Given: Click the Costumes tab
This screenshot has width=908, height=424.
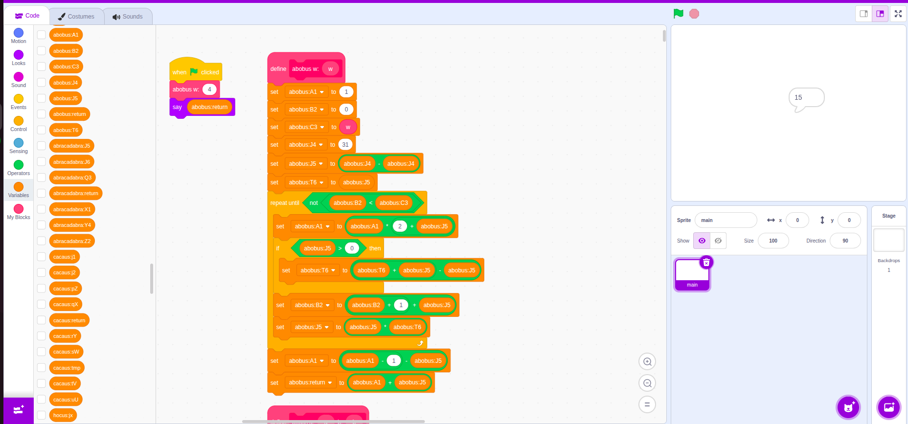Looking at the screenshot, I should tap(76, 16).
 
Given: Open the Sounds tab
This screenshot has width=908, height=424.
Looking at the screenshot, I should tap(128, 16).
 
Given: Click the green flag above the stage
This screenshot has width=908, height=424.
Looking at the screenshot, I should tap(678, 14).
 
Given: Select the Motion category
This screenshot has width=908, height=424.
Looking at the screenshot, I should tap(19, 36).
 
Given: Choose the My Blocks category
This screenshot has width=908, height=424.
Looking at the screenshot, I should tap(19, 212).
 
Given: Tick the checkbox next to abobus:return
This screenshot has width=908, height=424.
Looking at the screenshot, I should tap(42, 114).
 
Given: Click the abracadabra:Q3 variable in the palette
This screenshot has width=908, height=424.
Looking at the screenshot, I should tap(72, 178).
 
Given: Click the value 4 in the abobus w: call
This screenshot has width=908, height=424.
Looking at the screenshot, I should tap(209, 89).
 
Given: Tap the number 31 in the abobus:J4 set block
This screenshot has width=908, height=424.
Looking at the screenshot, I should tap(345, 145).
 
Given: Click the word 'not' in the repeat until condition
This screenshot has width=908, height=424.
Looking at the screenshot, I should tap(314, 203).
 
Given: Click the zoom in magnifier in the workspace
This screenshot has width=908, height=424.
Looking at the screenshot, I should tap(647, 362).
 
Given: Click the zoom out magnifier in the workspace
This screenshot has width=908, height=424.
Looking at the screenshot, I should tap(647, 383).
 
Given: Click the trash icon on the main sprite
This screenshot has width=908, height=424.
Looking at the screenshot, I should tap(706, 263).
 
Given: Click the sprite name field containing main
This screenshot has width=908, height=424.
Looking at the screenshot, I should tap(726, 220).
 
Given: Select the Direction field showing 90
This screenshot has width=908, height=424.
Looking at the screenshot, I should tap(845, 241).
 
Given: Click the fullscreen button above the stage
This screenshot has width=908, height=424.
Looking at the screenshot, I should tap(898, 14).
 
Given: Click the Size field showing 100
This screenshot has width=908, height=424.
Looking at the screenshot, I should tap(773, 241).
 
